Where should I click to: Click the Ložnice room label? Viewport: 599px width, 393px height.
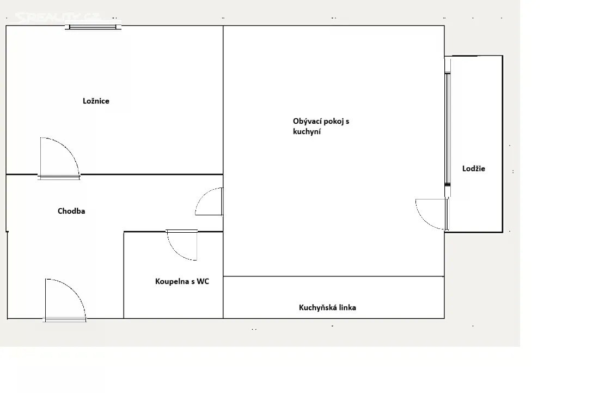96,101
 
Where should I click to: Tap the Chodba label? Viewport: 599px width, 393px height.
71,211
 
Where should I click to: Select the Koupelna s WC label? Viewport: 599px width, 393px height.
182,281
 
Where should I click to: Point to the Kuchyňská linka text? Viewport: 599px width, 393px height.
327,307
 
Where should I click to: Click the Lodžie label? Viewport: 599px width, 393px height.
474,168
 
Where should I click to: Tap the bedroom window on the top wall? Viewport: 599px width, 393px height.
92,27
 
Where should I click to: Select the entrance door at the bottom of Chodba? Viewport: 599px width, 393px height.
65,300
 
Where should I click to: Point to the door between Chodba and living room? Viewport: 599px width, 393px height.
209,201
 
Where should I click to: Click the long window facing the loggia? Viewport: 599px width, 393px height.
448,129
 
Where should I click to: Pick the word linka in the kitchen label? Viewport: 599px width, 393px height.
347,307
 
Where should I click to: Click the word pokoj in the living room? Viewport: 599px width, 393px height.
334,122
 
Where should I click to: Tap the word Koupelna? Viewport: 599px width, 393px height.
172,281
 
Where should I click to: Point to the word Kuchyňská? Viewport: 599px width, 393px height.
317,307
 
